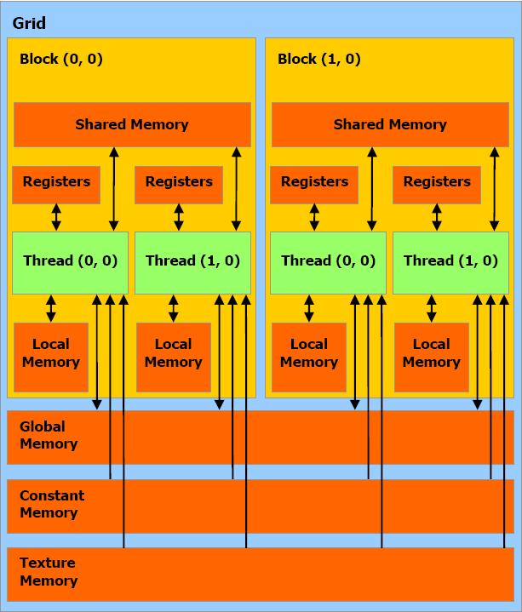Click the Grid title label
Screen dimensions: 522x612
[29, 24]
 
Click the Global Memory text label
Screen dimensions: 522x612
[49, 435]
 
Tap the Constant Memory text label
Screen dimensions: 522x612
[52, 504]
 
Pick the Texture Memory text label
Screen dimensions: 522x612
[49, 572]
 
